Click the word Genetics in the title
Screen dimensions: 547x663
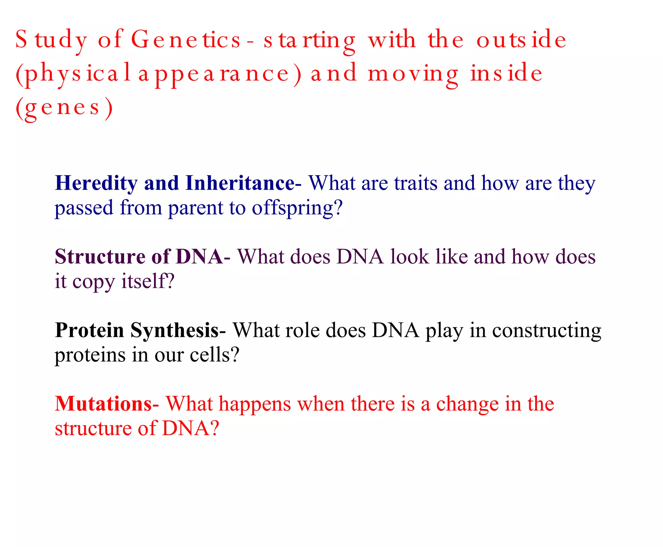(186, 40)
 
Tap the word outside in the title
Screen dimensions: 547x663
(521, 40)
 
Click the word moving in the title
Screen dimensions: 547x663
(413, 74)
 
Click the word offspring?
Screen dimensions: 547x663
(297, 208)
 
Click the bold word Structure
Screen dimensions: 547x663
(100, 257)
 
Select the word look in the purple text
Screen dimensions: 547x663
(409, 257)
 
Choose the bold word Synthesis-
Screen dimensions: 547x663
(178, 331)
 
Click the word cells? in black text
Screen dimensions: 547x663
(214, 355)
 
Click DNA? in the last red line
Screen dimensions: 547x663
(190, 428)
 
